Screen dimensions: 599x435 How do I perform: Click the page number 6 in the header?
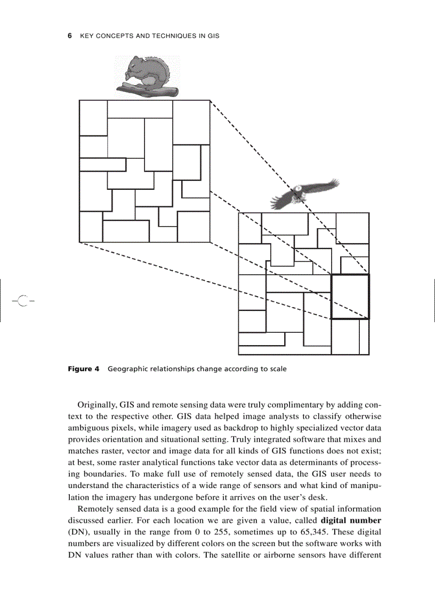point(70,36)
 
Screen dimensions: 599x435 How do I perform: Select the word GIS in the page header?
point(213,36)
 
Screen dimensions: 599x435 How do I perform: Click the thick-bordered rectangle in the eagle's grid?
point(350,297)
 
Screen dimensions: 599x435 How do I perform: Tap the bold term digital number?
point(351,520)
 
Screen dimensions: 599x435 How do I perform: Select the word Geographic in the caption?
point(128,369)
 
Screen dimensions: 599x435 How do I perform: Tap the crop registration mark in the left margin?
point(22,301)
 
